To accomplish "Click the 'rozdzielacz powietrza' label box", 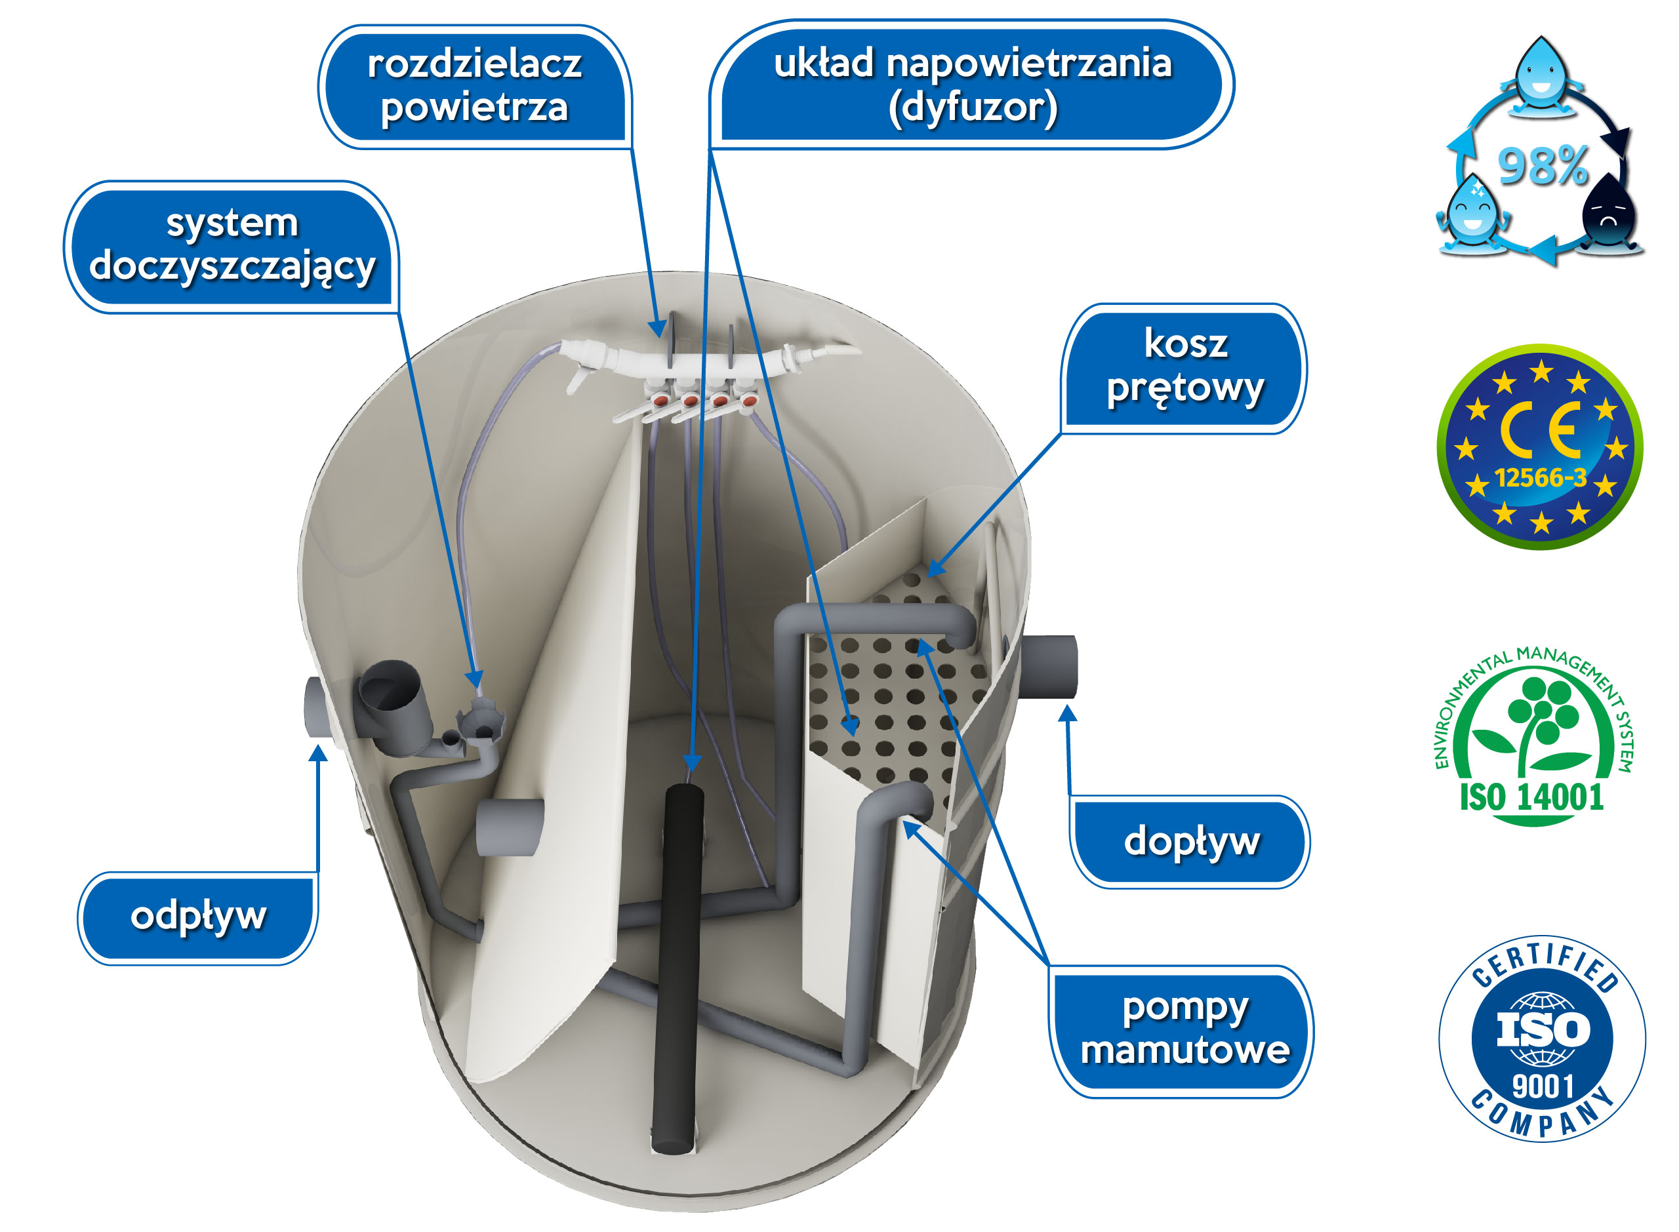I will click(474, 86).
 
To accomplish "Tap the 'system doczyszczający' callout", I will click(232, 245).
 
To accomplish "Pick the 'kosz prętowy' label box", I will click(1184, 367).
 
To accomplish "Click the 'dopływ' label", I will click(1190, 841).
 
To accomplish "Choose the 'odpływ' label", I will click(197, 916).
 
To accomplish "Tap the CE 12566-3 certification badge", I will click(1539, 446).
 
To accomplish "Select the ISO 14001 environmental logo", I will click(1533, 734).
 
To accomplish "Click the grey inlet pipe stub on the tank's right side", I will click(1048, 666).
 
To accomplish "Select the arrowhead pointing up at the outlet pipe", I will click(319, 753).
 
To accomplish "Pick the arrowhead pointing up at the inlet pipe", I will click(1067, 714).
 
